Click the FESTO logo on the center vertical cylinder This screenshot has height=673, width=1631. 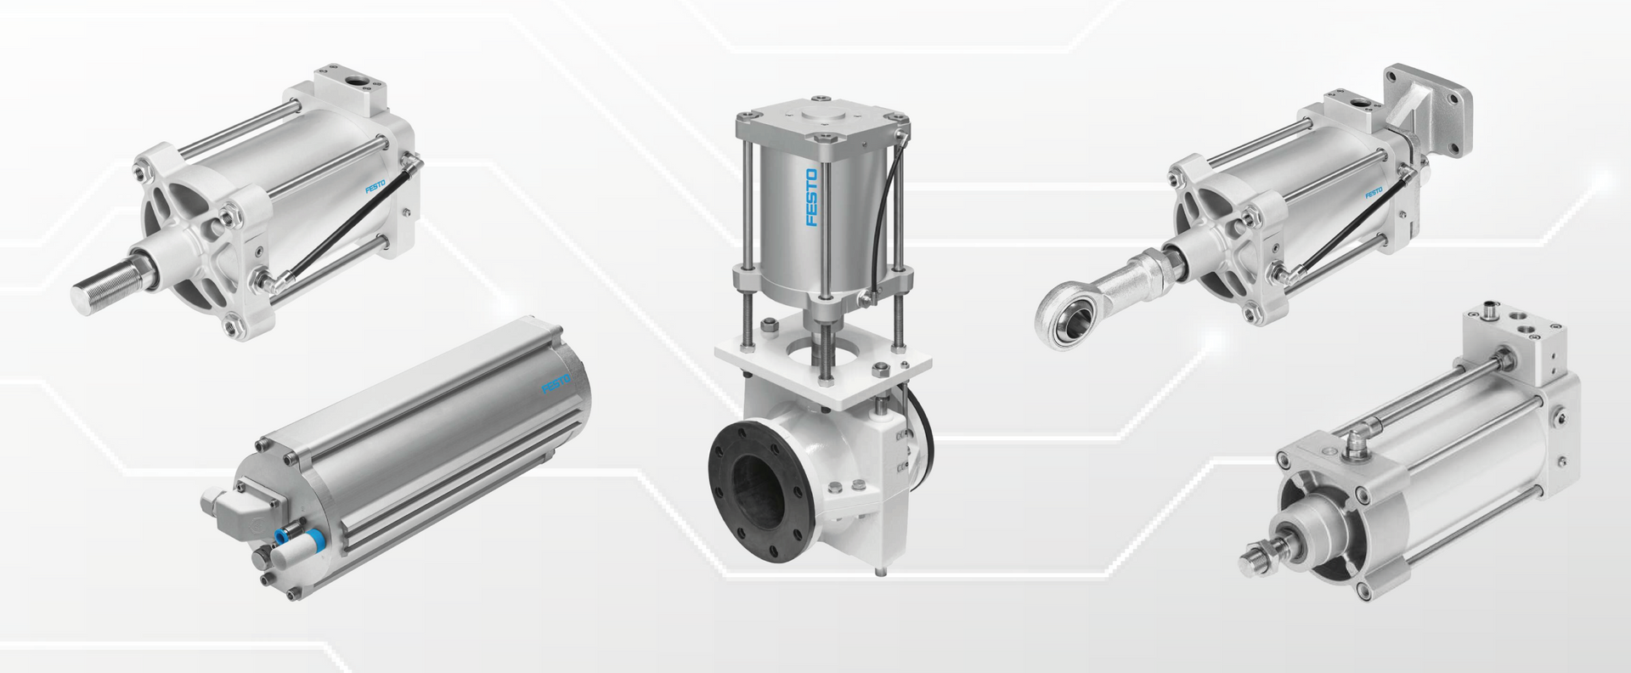click(x=811, y=198)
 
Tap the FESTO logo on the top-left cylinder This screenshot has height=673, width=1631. click(x=375, y=184)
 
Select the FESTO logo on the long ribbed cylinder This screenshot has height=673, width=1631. click(x=557, y=383)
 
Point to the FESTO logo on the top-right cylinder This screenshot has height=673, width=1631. click(x=1374, y=193)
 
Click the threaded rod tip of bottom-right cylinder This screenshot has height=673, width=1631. click(x=1256, y=557)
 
